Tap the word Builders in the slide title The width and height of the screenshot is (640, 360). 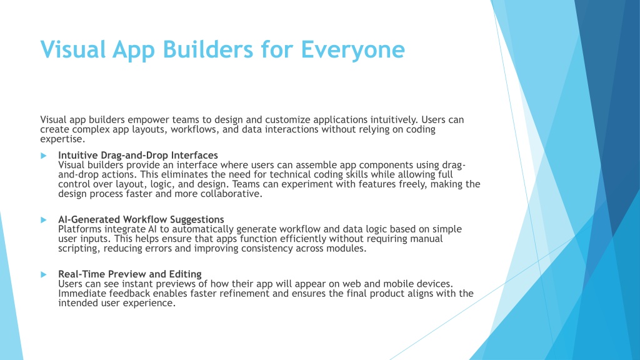coord(208,49)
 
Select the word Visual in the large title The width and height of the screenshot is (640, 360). coord(73,49)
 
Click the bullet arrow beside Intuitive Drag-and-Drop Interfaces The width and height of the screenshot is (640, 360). coord(44,156)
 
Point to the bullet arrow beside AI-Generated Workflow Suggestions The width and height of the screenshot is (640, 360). coord(44,220)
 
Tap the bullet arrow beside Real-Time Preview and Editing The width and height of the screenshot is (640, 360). coord(44,275)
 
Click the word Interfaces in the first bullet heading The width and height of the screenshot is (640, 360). coord(194,155)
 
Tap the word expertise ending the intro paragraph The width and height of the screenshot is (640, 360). coord(61,139)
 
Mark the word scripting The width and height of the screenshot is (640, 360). coord(77,249)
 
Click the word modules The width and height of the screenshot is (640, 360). coord(345,249)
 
